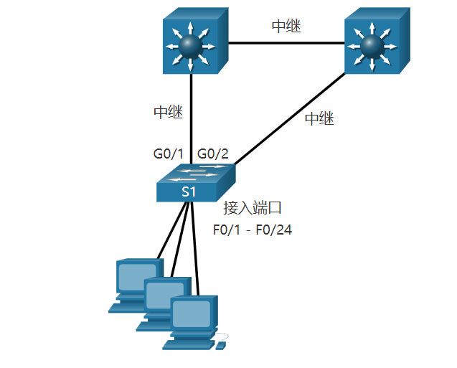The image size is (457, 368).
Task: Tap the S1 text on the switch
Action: (x=188, y=192)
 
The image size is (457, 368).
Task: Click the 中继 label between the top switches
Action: (x=286, y=27)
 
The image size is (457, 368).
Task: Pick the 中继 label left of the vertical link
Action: (x=168, y=112)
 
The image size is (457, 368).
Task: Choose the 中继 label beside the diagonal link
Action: (x=319, y=119)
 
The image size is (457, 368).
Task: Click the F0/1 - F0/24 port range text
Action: (x=253, y=230)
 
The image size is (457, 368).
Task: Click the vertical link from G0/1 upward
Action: (x=192, y=115)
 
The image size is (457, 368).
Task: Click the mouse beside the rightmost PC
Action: (x=221, y=346)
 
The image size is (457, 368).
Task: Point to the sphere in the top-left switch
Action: (x=189, y=44)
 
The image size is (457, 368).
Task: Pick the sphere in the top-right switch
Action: (x=370, y=44)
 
